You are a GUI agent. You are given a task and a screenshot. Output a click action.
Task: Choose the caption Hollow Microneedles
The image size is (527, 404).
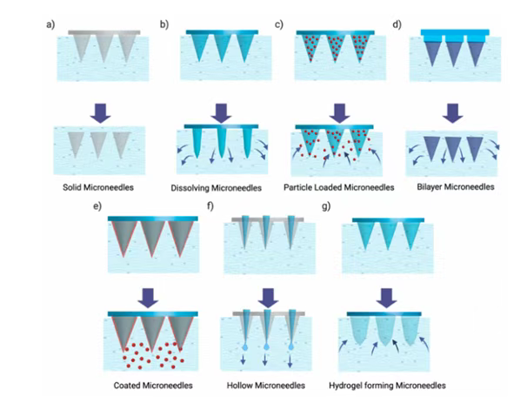pos(267,385)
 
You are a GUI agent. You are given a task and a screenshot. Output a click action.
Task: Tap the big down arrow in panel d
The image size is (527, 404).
pos(451,112)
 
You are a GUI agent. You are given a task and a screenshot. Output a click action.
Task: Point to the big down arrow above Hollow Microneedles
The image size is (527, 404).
pos(268,297)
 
